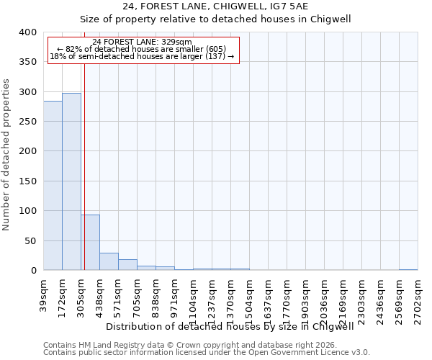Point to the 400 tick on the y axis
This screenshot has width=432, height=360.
[27, 32]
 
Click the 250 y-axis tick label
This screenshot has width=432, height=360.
[27, 122]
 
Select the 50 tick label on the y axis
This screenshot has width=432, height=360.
[30, 241]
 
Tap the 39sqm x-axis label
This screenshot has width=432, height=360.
[44, 291]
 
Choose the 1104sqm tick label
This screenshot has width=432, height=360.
[194, 297]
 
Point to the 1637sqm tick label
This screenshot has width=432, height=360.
[269, 297]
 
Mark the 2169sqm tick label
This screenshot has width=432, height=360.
[343, 297]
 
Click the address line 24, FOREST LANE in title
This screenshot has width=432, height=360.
[215, 6]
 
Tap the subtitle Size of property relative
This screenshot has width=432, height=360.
[215, 19]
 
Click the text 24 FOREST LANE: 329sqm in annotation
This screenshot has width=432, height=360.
[142, 42]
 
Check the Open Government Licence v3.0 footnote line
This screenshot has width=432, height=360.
[207, 353]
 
